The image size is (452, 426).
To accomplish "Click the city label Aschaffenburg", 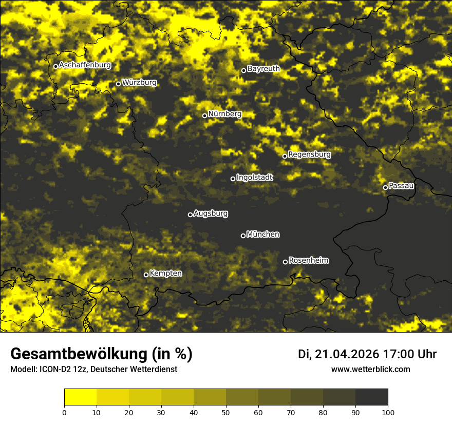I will [85, 65].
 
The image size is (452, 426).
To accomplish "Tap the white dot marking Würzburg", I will [118, 84].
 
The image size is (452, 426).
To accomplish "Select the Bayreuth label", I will [263, 68].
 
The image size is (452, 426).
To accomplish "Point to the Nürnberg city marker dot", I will [204, 115].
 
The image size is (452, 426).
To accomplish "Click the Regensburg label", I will [309, 154].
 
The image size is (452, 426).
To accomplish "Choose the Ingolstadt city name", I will [255, 177].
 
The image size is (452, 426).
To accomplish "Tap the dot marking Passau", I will [385, 187].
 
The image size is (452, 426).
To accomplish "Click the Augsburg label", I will [211, 213].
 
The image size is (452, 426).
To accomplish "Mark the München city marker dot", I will [243, 236].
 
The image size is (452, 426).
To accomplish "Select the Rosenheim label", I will [308, 260].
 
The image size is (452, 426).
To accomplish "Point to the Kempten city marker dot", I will [146, 275].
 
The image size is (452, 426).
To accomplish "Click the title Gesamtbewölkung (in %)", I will [101, 354].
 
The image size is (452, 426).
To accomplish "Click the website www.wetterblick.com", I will [370, 369].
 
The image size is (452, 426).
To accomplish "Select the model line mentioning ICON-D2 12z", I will [93, 369].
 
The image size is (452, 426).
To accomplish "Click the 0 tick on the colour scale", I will [64, 412].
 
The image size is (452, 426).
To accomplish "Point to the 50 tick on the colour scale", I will [226, 412].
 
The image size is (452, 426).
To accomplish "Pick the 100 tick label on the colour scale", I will [388, 412].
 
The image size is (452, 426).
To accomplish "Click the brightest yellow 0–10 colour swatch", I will [80, 397].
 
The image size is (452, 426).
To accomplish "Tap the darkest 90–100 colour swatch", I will [371, 397].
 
